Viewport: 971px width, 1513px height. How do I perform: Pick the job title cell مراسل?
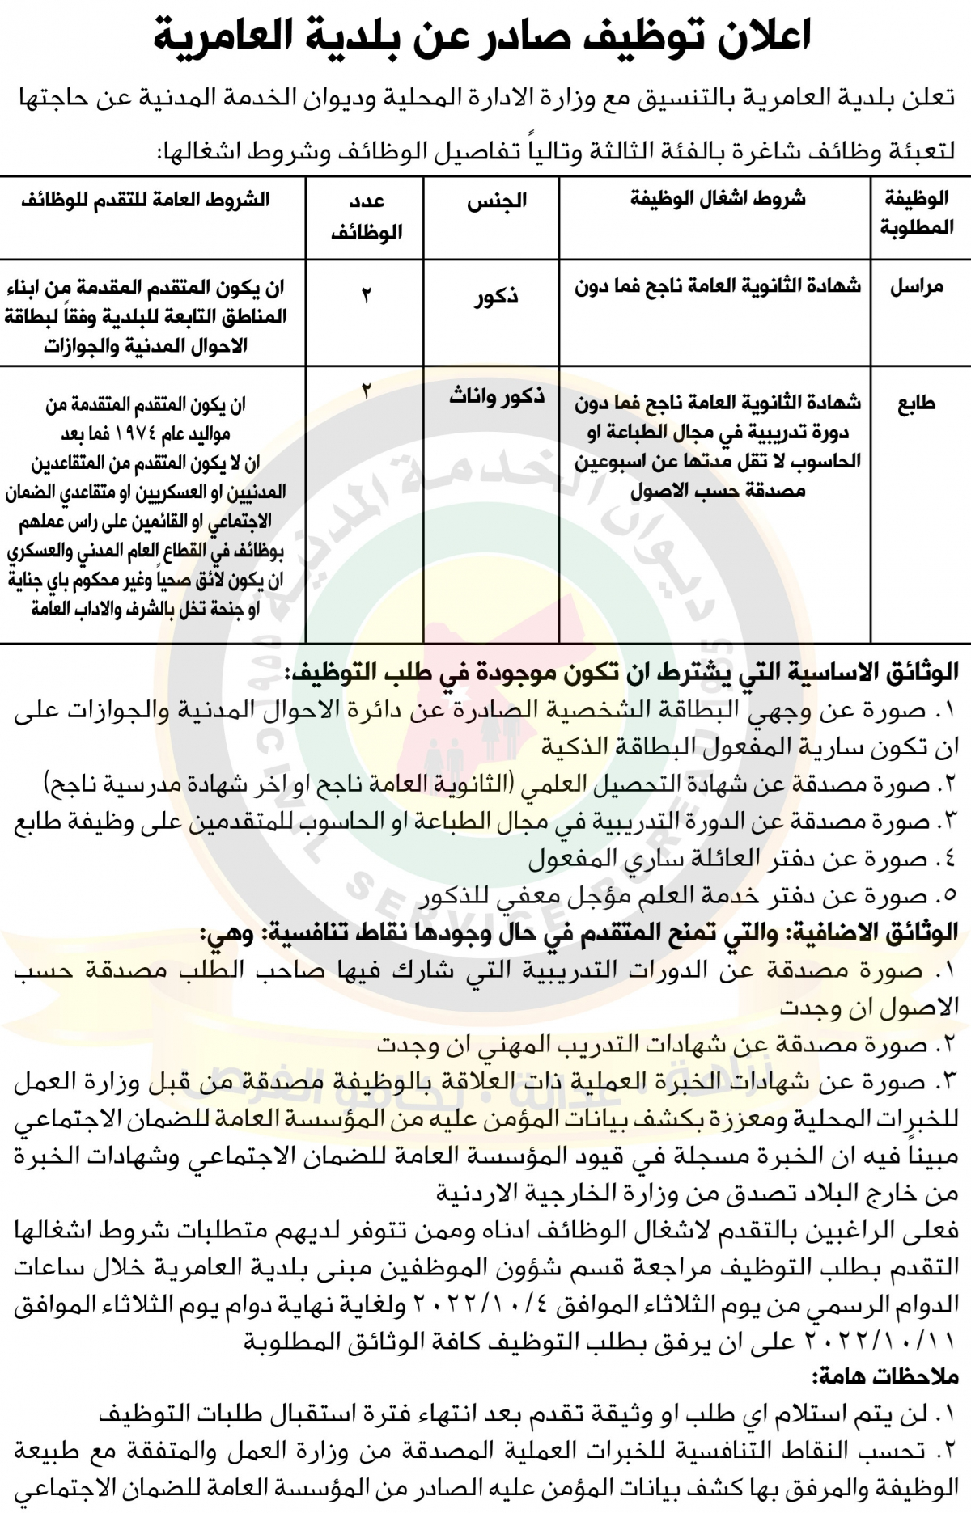tap(917, 288)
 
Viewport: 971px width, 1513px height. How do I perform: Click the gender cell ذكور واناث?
tap(497, 397)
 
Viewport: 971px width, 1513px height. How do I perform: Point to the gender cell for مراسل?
tap(496, 297)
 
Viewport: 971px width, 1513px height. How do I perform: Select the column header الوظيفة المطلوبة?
tap(917, 213)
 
